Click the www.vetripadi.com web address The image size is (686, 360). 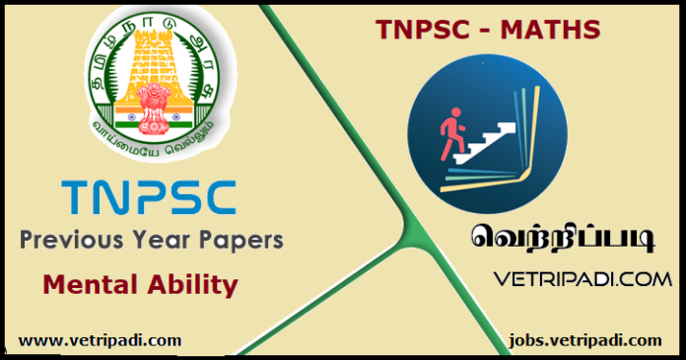100,339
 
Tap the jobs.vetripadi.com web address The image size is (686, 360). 585,339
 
